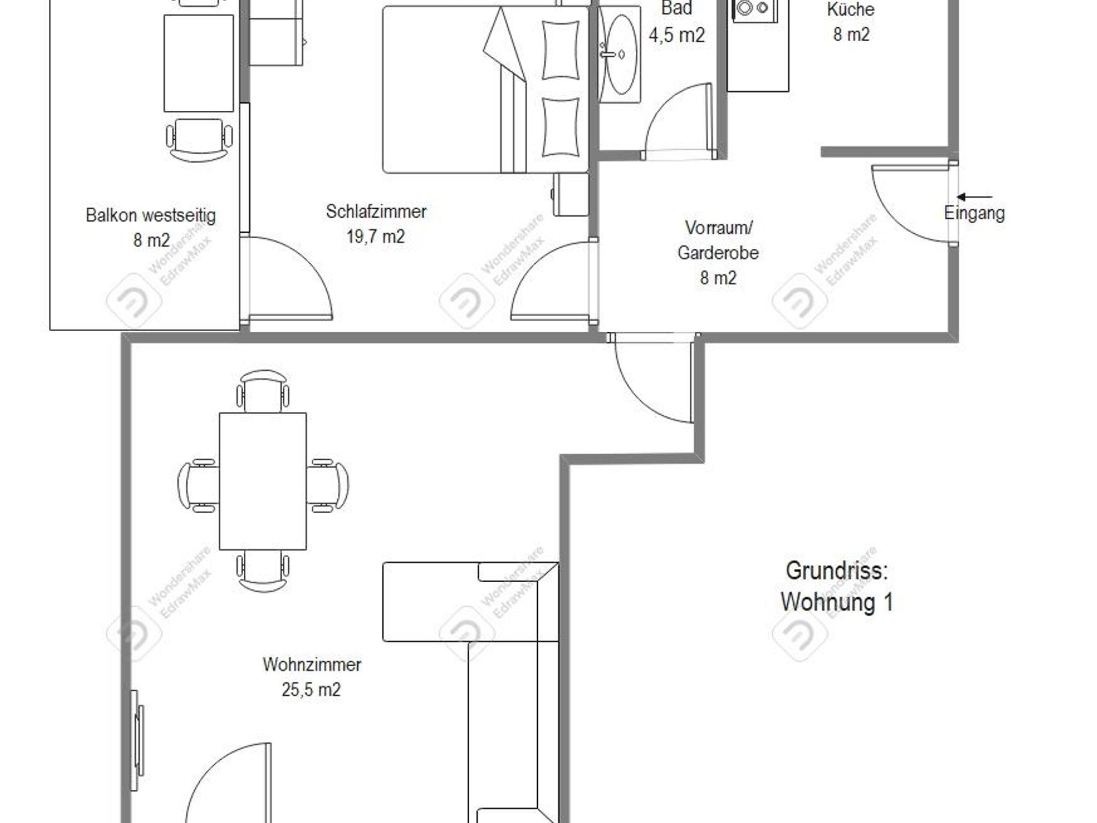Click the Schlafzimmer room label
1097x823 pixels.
pyautogui.click(x=376, y=211)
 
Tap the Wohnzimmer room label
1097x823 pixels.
pyautogui.click(x=312, y=665)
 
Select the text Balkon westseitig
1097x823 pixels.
pyautogui.click(x=151, y=216)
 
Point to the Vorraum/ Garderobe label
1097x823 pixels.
pyautogui.click(x=718, y=240)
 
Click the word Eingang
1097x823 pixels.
pyautogui.click(x=974, y=213)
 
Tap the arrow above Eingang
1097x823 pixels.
pyautogui.click(x=974, y=197)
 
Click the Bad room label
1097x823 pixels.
pyautogui.click(x=677, y=8)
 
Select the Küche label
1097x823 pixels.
pyautogui.click(x=851, y=9)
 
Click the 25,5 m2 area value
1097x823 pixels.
pyautogui.click(x=311, y=690)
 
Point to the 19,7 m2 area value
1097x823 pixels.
pyautogui.click(x=375, y=237)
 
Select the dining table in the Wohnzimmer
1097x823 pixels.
pyautogui.click(x=262, y=481)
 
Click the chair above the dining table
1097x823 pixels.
pyautogui.click(x=262, y=391)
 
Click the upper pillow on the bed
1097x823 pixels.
pyautogui.click(x=560, y=50)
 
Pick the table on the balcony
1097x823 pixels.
pyautogui.click(x=198, y=63)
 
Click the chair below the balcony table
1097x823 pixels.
pyautogui.click(x=199, y=139)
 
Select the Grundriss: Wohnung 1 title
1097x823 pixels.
pyautogui.click(x=837, y=586)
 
